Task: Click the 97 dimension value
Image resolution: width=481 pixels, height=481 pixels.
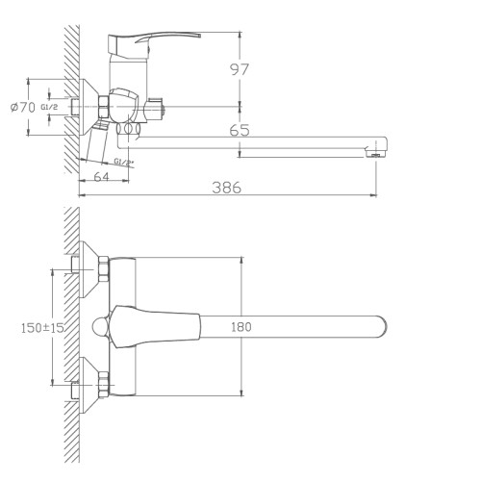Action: tap(240, 69)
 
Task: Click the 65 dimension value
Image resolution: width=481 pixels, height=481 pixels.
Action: tap(240, 130)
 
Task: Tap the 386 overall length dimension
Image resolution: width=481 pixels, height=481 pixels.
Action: tap(226, 188)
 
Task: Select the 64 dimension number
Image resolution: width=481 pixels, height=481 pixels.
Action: tap(101, 177)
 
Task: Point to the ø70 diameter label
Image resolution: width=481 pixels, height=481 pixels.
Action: tap(22, 108)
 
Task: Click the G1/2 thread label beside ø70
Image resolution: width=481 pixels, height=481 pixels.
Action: tap(49, 107)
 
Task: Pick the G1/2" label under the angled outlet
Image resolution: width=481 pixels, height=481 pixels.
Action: tap(123, 162)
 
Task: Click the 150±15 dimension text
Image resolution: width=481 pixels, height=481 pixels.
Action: tap(42, 328)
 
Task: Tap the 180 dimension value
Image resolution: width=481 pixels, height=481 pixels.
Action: tap(241, 327)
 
